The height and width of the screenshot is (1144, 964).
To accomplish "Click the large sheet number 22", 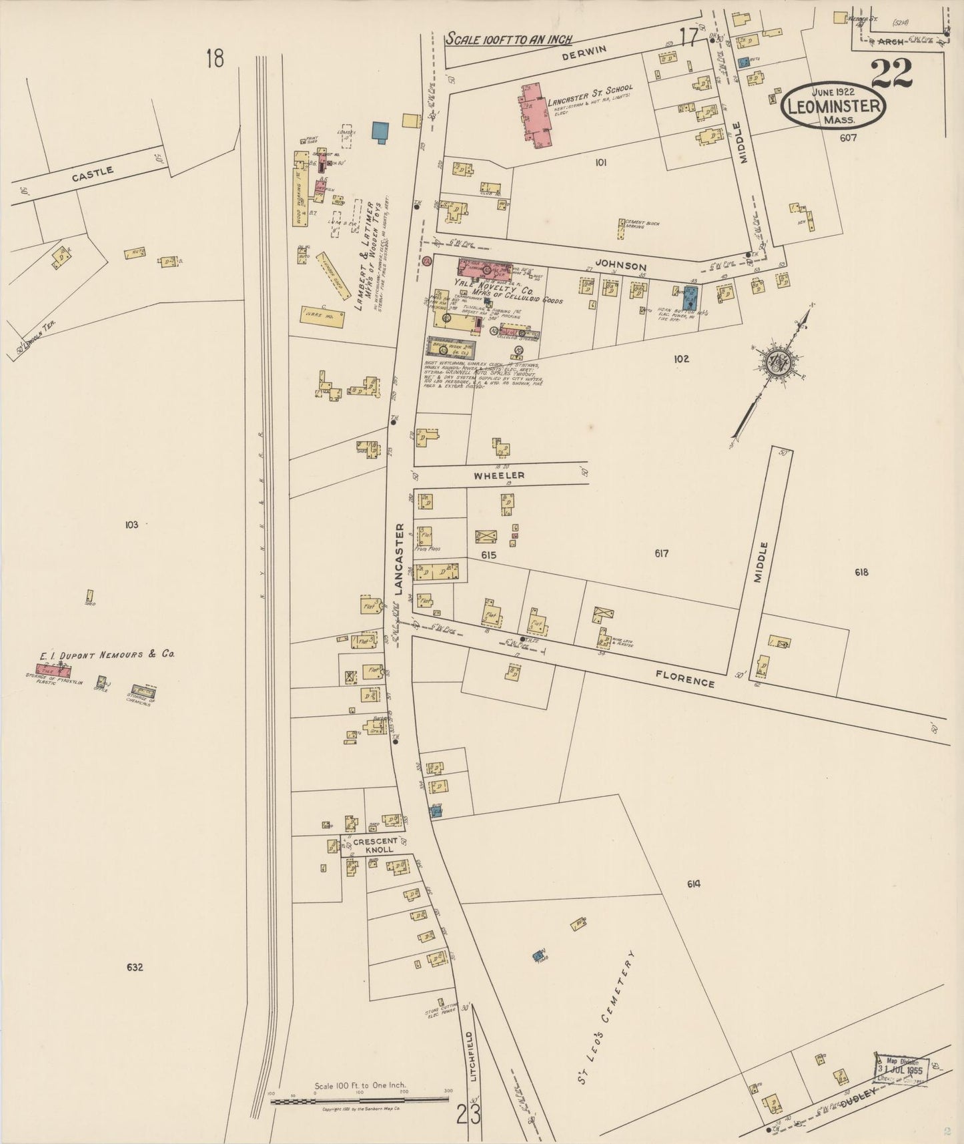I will [x=891, y=73].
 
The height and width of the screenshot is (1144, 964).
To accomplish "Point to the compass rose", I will [x=778, y=364].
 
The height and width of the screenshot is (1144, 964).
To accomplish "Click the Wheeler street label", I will [x=499, y=475].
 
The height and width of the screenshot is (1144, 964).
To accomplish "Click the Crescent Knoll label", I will [x=376, y=845].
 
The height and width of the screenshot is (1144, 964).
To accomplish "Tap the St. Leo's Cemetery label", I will [x=604, y=1009].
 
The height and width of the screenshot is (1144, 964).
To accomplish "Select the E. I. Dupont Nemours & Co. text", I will [x=106, y=655].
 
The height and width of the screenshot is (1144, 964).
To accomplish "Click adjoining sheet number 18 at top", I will [x=215, y=59].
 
